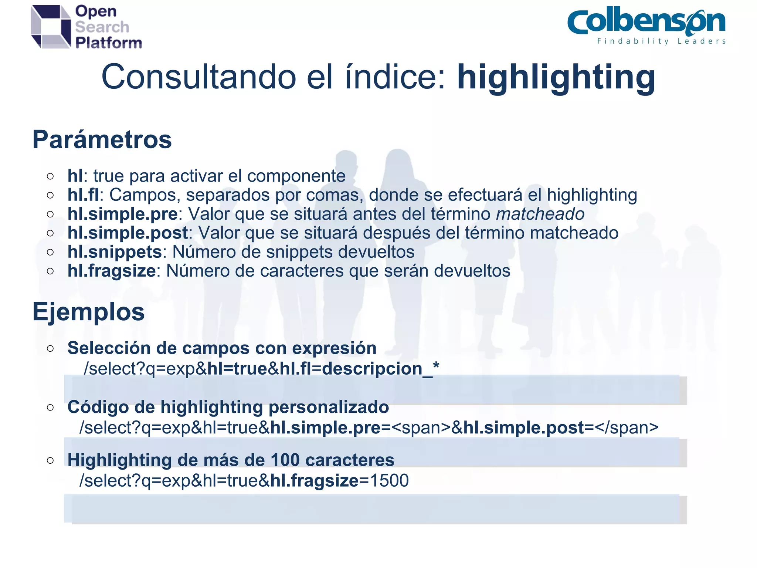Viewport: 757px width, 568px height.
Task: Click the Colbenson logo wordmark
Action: click(x=646, y=22)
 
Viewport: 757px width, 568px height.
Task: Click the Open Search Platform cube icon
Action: click(x=51, y=27)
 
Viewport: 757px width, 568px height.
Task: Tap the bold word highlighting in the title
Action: click(x=556, y=77)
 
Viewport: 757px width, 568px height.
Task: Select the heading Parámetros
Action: click(x=102, y=139)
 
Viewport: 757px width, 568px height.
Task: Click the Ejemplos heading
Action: click(x=88, y=312)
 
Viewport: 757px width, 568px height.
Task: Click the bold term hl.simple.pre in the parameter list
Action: click(x=122, y=214)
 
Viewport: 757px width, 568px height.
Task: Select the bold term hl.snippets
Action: click(x=115, y=252)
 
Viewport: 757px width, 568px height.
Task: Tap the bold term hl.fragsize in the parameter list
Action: click(x=112, y=271)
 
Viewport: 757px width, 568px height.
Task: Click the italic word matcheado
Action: click(x=540, y=214)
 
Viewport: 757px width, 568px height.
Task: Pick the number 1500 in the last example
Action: click(x=389, y=481)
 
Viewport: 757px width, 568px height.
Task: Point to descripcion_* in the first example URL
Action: click(x=381, y=369)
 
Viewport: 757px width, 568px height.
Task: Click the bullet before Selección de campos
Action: click(x=51, y=348)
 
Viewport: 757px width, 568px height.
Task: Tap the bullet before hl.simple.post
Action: click(x=51, y=233)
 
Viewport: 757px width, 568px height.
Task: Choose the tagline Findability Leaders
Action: click(x=661, y=41)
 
